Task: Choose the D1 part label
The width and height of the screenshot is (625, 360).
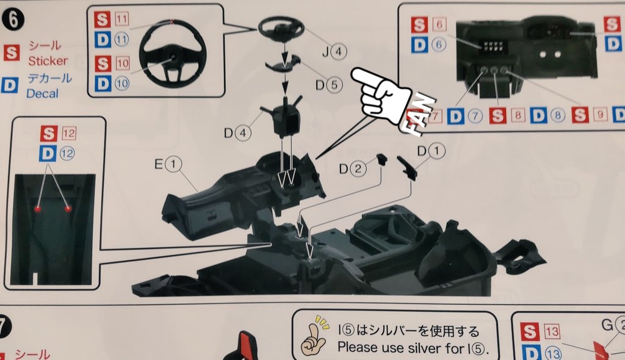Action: (430, 150)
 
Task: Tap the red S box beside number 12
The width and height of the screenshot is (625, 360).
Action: (48, 134)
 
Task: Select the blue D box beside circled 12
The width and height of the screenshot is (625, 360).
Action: (48, 154)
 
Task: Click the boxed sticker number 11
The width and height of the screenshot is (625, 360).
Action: (121, 20)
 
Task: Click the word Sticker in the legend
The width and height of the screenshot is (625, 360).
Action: (48, 61)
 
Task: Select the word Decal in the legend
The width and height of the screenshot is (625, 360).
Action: (43, 93)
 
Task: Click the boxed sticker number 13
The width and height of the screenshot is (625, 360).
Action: (552, 333)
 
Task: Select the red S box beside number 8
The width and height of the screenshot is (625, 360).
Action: (498, 115)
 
